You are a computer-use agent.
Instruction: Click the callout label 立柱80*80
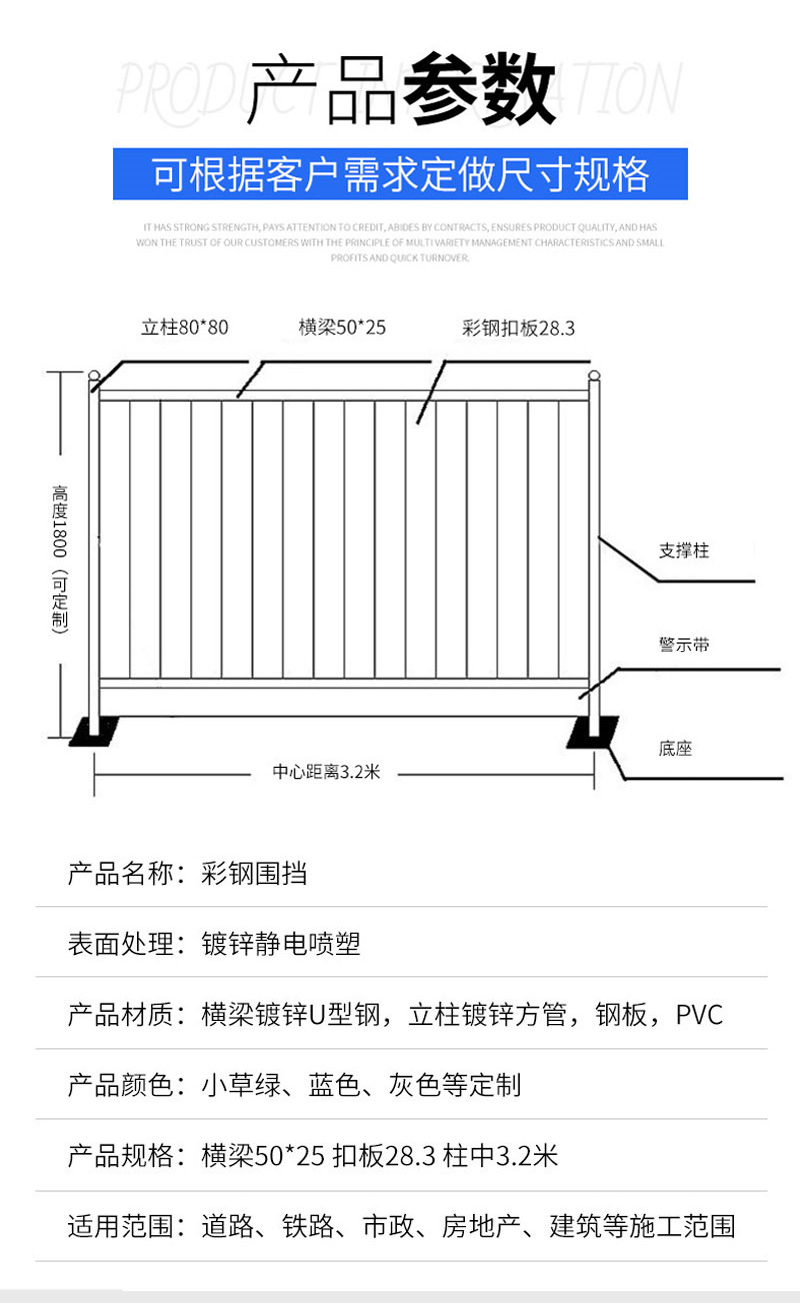click(185, 327)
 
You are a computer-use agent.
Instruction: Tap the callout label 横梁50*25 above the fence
click(342, 327)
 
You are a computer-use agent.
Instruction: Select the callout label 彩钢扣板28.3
click(518, 328)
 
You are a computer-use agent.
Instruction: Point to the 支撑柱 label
click(684, 550)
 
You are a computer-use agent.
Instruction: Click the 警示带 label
click(684, 645)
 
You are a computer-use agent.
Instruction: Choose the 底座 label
click(676, 748)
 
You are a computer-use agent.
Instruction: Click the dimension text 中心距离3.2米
click(326, 772)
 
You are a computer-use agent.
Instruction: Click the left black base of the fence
click(94, 733)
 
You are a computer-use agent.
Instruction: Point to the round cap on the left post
click(94, 378)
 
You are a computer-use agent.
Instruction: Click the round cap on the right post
click(593, 378)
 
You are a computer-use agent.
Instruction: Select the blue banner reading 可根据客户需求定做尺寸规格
click(400, 175)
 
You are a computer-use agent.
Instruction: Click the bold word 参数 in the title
click(479, 91)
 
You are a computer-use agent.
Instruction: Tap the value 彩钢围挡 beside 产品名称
click(254, 873)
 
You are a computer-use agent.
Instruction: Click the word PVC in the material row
click(699, 1015)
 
